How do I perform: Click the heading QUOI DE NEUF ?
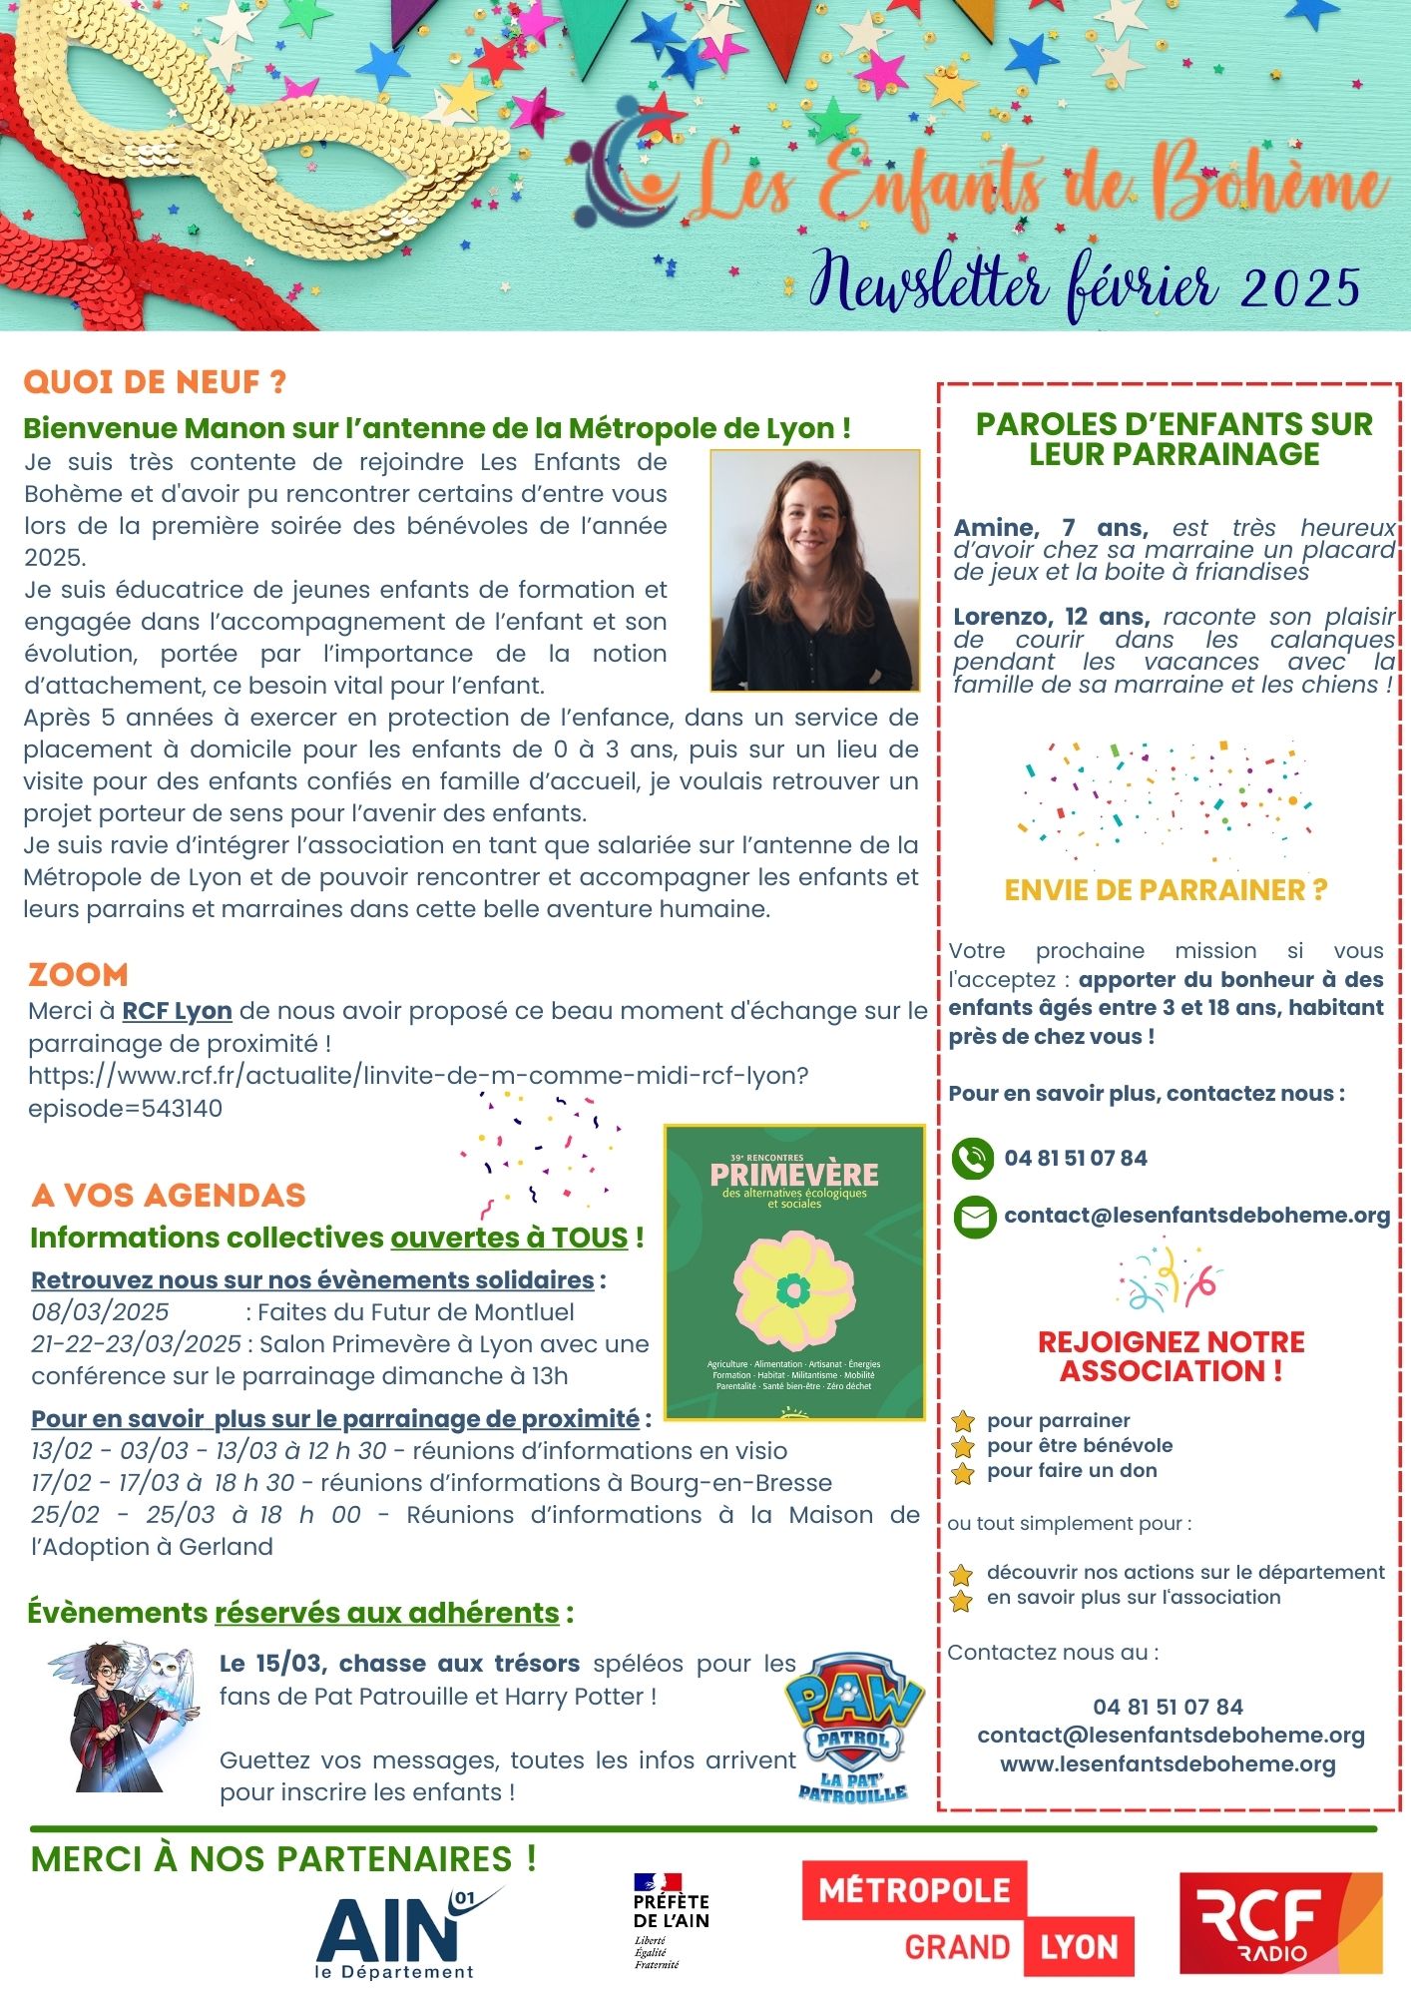pyautogui.click(x=155, y=382)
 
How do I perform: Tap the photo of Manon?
pyautogui.click(x=814, y=570)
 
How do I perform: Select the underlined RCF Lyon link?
pyautogui.click(x=177, y=1011)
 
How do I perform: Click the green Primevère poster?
pyautogui.click(x=794, y=1272)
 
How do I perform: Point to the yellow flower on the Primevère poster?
pyautogui.click(x=794, y=1290)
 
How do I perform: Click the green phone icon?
pyautogui.click(x=973, y=1159)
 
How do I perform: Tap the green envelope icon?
pyautogui.click(x=974, y=1217)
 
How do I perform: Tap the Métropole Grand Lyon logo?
pyautogui.click(x=967, y=1918)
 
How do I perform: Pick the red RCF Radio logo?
pyautogui.click(x=1280, y=1922)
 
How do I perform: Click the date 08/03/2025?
pyautogui.click(x=100, y=1311)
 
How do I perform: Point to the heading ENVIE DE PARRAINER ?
pyautogui.click(x=1166, y=890)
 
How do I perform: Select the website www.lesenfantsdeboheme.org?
pyautogui.click(x=1168, y=1763)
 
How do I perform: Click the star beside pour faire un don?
pyautogui.click(x=963, y=1472)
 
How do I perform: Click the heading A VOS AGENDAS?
pyautogui.click(x=168, y=1195)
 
